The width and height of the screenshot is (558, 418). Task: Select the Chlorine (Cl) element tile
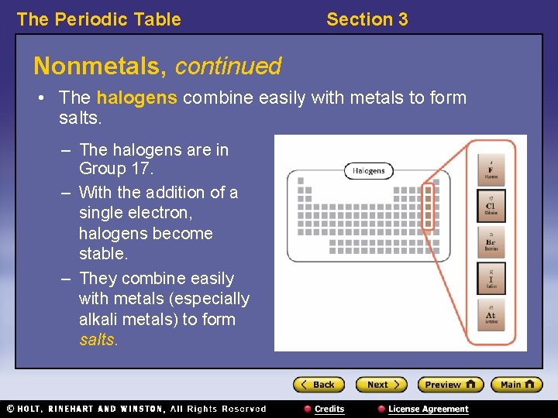coord(491,206)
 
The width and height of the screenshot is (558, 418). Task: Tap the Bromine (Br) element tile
coord(491,242)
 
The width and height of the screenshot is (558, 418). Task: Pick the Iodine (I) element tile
coord(491,279)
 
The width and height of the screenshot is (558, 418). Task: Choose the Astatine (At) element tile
coord(491,315)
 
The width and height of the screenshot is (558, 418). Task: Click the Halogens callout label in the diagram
coord(369,171)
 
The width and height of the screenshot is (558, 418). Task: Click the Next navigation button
coord(381,385)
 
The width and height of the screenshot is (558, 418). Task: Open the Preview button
coord(449,385)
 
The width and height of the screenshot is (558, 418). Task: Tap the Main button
coord(517,385)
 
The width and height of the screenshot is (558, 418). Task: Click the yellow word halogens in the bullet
coord(137,98)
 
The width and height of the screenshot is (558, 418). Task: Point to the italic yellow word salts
coord(98,339)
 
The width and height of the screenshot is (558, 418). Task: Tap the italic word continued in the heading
coord(228,67)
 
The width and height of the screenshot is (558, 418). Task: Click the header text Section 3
coord(367,19)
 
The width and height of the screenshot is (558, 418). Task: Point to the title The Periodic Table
coord(98,19)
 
